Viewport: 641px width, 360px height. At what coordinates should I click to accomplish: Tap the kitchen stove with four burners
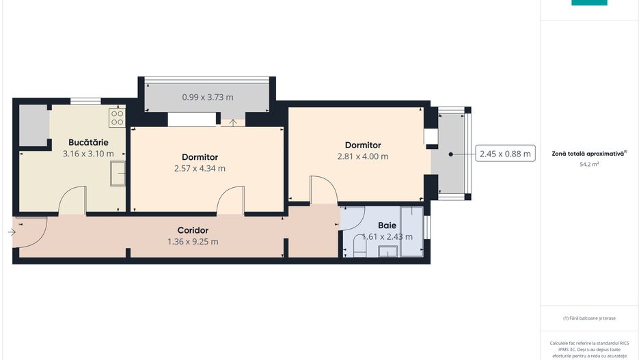116,117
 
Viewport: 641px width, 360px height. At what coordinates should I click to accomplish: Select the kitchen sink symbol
119,174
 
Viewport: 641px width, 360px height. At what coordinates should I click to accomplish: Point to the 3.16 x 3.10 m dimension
88,154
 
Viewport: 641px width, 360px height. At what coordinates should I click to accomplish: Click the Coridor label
193,230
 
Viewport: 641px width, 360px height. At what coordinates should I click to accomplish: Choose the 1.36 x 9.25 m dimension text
193,241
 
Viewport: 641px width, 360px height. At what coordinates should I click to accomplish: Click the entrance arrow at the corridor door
12,232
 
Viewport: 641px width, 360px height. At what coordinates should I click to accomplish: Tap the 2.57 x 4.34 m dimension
200,168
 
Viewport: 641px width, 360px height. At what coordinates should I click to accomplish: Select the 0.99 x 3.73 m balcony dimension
207,97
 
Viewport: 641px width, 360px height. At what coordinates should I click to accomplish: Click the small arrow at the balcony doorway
234,123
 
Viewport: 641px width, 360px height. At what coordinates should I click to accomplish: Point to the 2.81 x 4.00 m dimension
363,156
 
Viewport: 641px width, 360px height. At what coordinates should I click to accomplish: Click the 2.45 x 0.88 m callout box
505,154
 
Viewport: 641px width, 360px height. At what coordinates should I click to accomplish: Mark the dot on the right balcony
451,154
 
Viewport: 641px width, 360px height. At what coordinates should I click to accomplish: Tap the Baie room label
387,225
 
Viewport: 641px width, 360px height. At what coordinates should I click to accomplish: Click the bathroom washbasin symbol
388,252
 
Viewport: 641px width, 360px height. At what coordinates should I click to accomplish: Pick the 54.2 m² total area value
589,165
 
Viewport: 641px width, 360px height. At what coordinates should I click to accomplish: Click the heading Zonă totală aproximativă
588,154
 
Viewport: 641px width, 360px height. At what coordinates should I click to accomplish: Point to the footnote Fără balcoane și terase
589,318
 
